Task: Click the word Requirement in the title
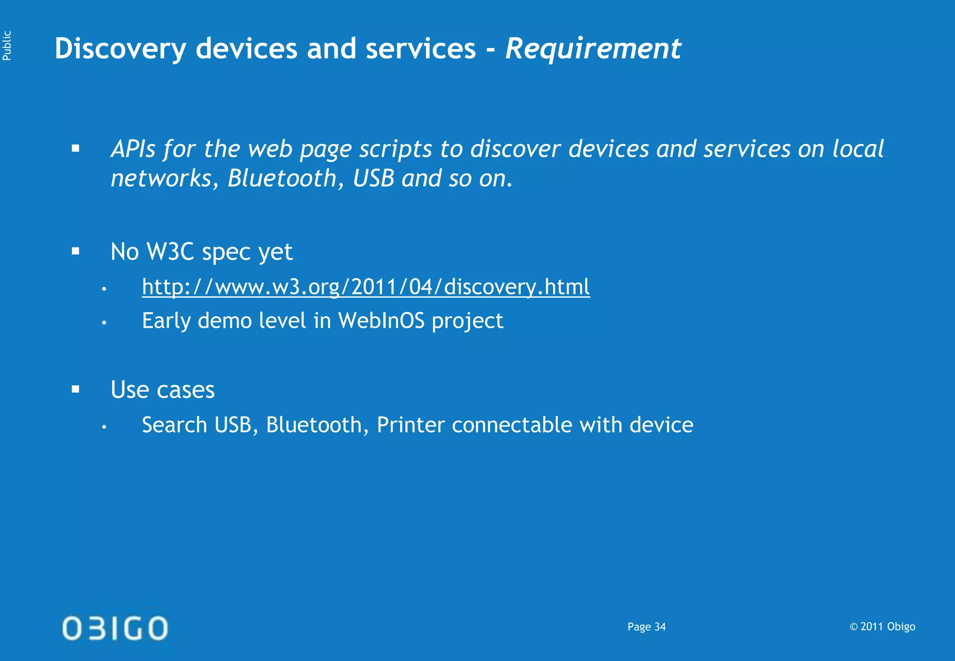(x=593, y=48)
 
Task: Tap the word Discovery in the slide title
(x=120, y=49)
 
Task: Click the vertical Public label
(x=7, y=45)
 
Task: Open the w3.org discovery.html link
(x=366, y=287)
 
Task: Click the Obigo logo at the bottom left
(x=115, y=628)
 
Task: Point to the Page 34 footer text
(x=646, y=627)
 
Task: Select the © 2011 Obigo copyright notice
(x=882, y=627)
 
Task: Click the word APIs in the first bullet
(x=133, y=149)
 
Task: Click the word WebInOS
(x=381, y=321)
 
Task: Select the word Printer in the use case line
(x=410, y=425)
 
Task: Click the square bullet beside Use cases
(x=76, y=389)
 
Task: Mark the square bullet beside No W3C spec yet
(x=76, y=252)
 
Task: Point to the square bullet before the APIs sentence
(x=76, y=149)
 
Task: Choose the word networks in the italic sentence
(x=161, y=179)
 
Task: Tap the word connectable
(x=512, y=425)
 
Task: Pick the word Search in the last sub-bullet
(x=174, y=425)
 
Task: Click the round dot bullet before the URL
(x=104, y=289)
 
